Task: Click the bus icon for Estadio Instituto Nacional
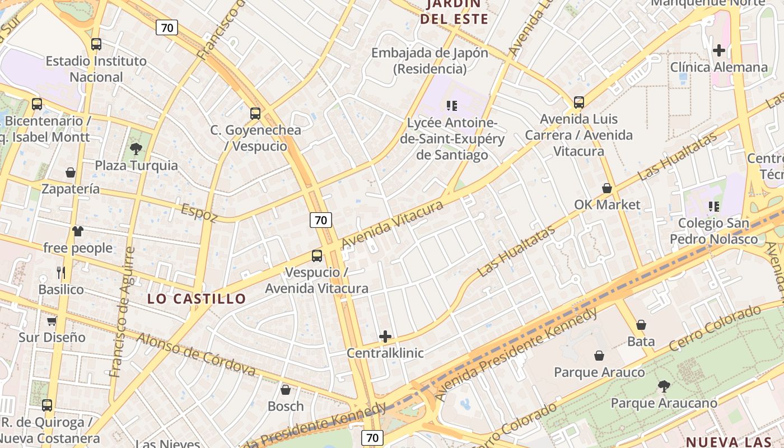click(x=96, y=44)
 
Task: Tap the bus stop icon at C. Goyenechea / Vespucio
click(x=255, y=114)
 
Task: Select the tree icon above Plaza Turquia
click(x=136, y=149)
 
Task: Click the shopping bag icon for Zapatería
click(x=71, y=172)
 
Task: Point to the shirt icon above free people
click(x=78, y=231)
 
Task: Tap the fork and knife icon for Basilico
click(x=61, y=273)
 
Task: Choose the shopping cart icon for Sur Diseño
click(x=52, y=321)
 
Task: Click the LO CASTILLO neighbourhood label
click(x=197, y=299)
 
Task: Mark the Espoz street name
click(x=199, y=213)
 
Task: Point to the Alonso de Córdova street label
click(x=196, y=354)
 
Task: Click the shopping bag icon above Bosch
click(x=286, y=390)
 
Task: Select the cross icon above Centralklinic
click(x=385, y=337)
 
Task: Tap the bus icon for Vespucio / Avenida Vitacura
click(x=317, y=256)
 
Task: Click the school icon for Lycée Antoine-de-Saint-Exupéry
click(x=452, y=105)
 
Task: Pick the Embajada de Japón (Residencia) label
click(x=430, y=61)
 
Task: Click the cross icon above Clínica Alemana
click(x=719, y=50)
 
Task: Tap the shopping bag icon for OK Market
click(x=607, y=188)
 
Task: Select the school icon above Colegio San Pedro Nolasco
click(x=714, y=207)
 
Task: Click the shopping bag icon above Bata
click(x=641, y=325)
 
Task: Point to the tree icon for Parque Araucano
click(x=664, y=386)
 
